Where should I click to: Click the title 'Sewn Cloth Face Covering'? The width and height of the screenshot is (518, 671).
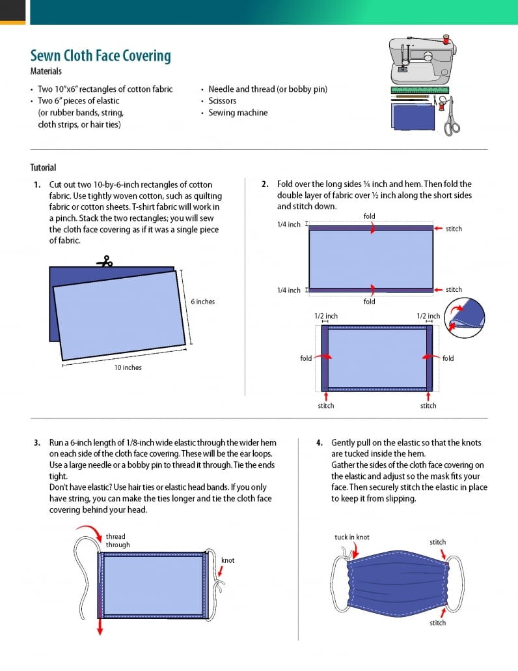click(x=100, y=55)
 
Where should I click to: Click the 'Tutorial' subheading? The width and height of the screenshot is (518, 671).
click(x=43, y=167)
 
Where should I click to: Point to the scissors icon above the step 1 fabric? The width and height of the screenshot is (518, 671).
click(x=105, y=261)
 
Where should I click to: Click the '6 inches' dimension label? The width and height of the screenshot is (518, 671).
click(x=202, y=302)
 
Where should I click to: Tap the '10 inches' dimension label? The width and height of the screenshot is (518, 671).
click(x=128, y=367)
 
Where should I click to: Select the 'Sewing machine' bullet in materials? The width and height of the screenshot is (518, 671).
click(x=238, y=113)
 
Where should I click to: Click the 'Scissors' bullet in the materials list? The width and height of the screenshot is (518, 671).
click(x=222, y=101)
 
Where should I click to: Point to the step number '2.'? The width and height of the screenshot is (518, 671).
click(x=265, y=184)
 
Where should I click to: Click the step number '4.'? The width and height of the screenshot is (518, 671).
click(x=320, y=443)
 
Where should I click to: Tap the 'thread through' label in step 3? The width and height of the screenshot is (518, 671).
click(x=118, y=541)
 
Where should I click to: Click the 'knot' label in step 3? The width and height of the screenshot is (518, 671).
click(x=228, y=560)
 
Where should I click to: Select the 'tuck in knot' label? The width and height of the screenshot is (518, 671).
click(x=351, y=537)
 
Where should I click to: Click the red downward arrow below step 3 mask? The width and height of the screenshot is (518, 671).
click(x=101, y=626)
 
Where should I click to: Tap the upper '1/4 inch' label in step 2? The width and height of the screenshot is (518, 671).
click(x=289, y=225)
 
